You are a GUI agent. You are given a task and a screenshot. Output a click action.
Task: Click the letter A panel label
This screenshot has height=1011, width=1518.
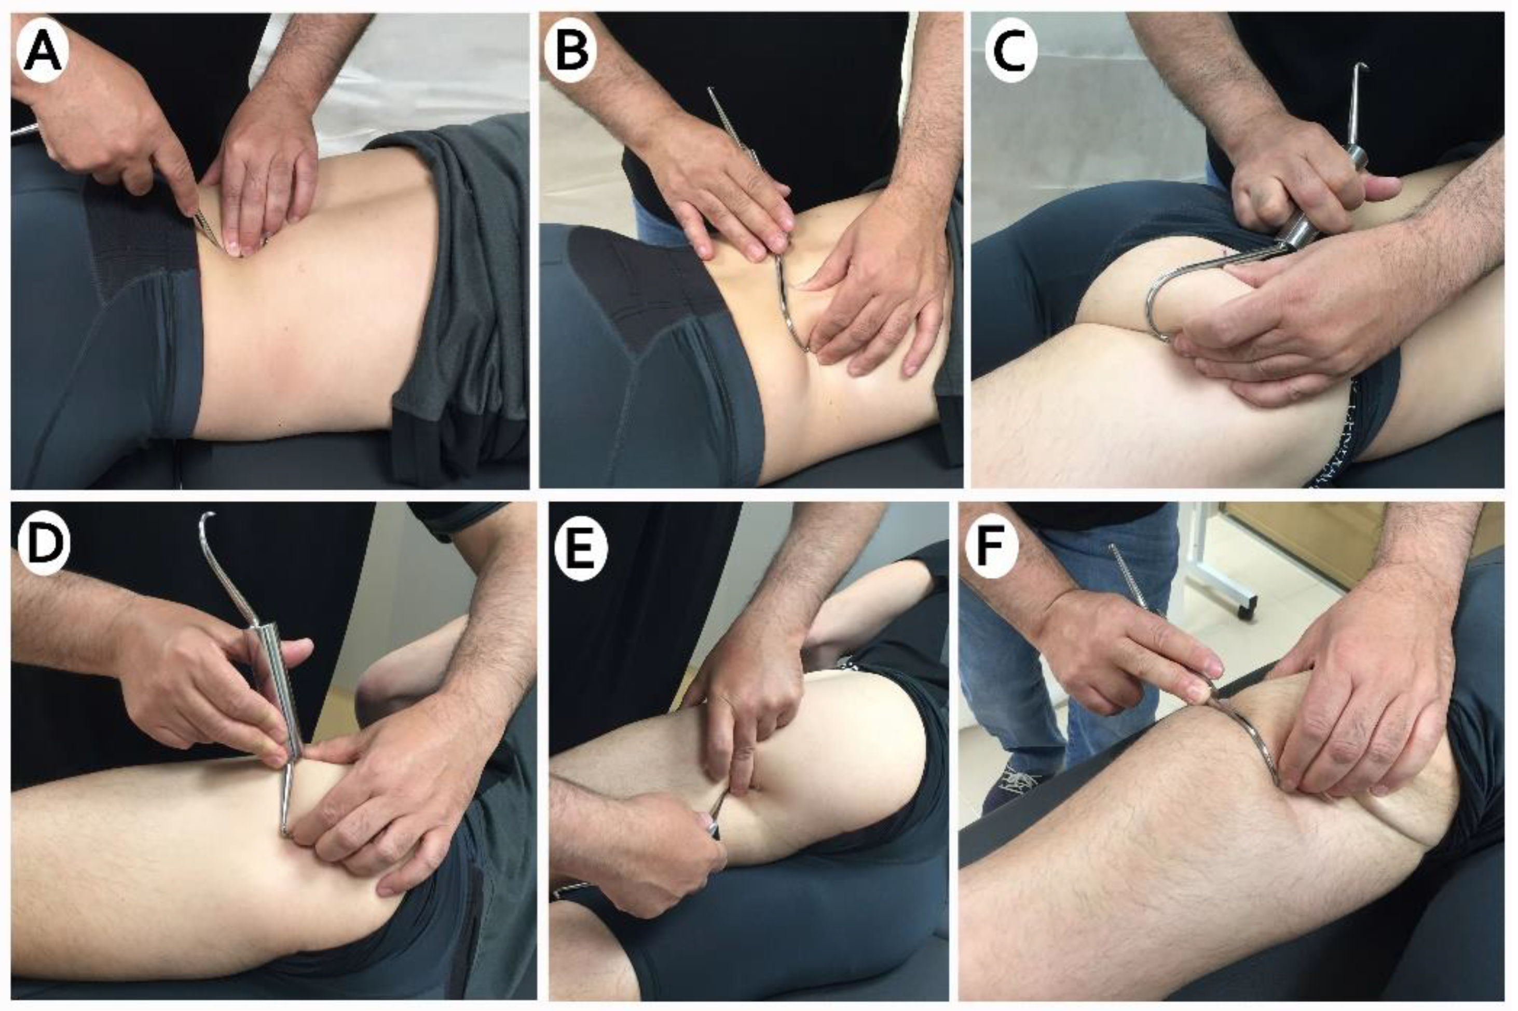(x=43, y=54)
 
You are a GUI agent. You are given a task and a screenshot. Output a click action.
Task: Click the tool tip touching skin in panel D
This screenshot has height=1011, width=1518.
(x=284, y=834)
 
